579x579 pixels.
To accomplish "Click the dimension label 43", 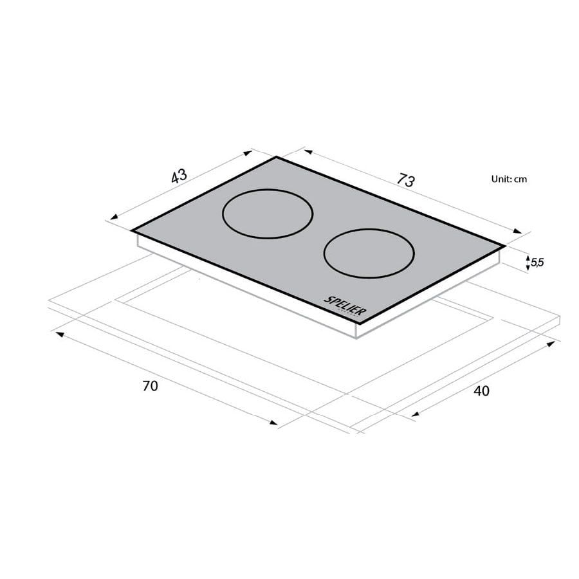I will [x=179, y=176].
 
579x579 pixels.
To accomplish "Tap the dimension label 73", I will [x=405, y=180].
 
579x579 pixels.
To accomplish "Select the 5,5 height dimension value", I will [x=537, y=262].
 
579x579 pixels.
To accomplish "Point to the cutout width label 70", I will [x=150, y=386].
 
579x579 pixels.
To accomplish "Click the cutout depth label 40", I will [x=481, y=391].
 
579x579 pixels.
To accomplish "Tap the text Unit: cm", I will [x=508, y=179].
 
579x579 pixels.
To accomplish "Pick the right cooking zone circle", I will [x=368, y=253].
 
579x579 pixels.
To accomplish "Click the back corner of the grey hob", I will [x=277, y=158].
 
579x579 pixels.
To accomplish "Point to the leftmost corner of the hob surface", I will [x=132, y=230].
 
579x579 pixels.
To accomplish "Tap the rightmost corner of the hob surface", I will [x=504, y=244].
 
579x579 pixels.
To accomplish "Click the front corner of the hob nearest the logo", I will [x=358, y=322].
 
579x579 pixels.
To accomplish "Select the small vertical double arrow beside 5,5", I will [x=528, y=262].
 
